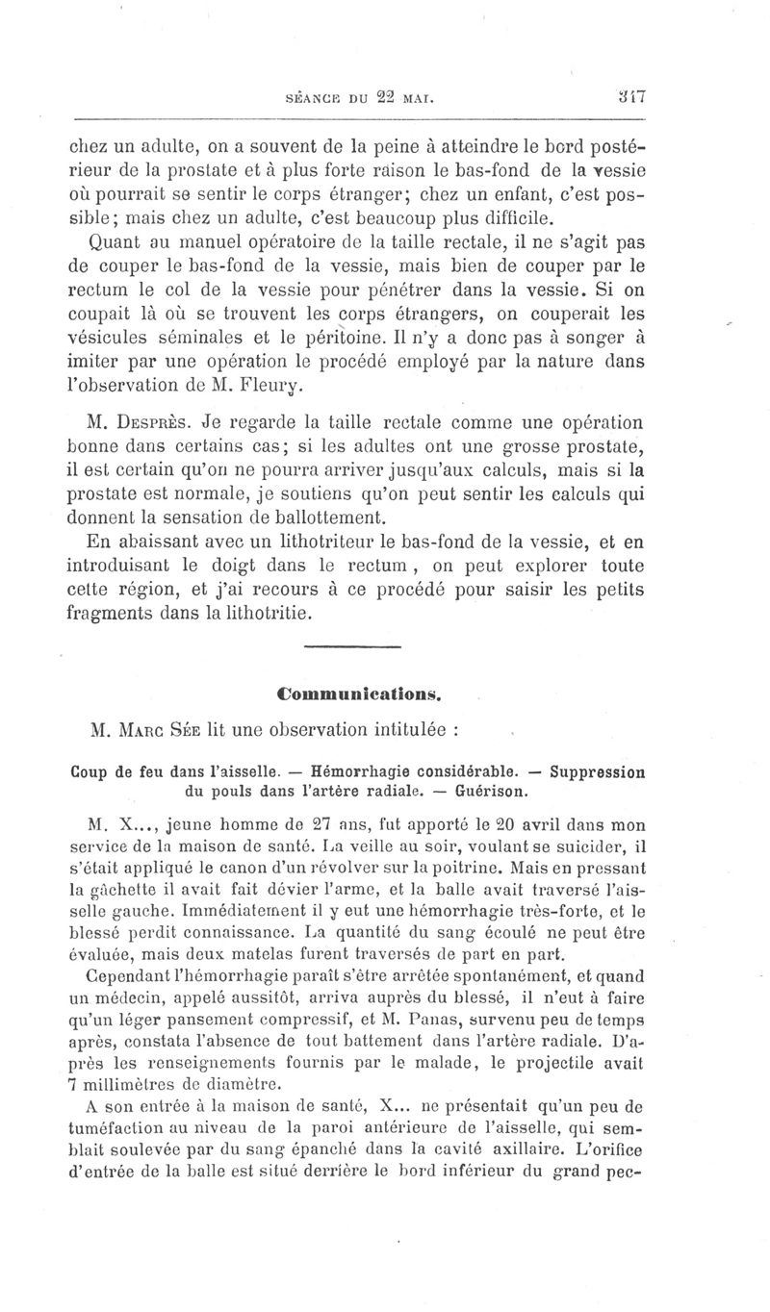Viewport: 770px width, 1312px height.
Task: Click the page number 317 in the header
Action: (x=632, y=96)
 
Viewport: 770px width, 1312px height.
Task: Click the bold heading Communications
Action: (x=359, y=692)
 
